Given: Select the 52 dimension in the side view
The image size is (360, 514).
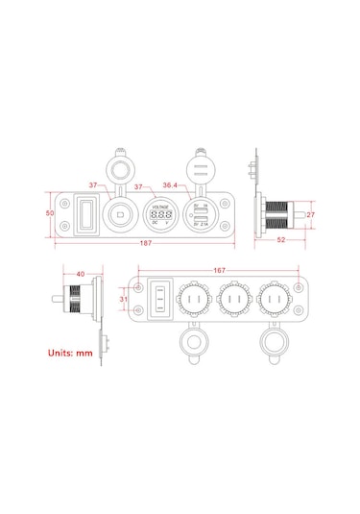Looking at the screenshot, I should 280,239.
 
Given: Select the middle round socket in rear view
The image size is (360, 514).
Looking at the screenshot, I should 231,301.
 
